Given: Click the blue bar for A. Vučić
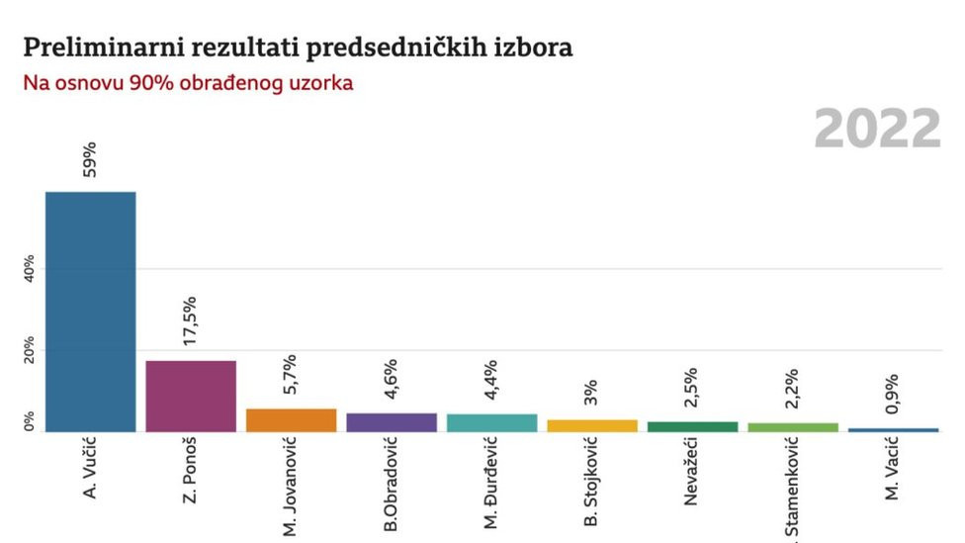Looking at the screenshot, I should [x=90, y=312].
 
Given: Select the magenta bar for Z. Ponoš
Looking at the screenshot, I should [x=191, y=396].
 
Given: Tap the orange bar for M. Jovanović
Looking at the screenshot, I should [x=291, y=420].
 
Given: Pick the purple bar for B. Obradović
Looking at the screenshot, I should [x=392, y=422].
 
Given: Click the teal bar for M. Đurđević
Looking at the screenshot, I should [x=491, y=422].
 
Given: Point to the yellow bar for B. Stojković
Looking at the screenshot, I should [x=592, y=425].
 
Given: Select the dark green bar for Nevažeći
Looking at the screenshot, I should [x=692, y=426].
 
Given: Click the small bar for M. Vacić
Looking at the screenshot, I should [x=893, y=430].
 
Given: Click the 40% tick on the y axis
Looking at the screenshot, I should [x=29, y=269].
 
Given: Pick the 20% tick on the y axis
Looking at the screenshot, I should [x=29, y=350].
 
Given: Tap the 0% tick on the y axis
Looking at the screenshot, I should [x=29, y=421].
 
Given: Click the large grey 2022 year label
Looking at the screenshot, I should [x=877, y=130].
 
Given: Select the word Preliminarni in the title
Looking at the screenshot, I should [x=83, y=47].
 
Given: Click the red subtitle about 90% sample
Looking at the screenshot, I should [x=188, y=83].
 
